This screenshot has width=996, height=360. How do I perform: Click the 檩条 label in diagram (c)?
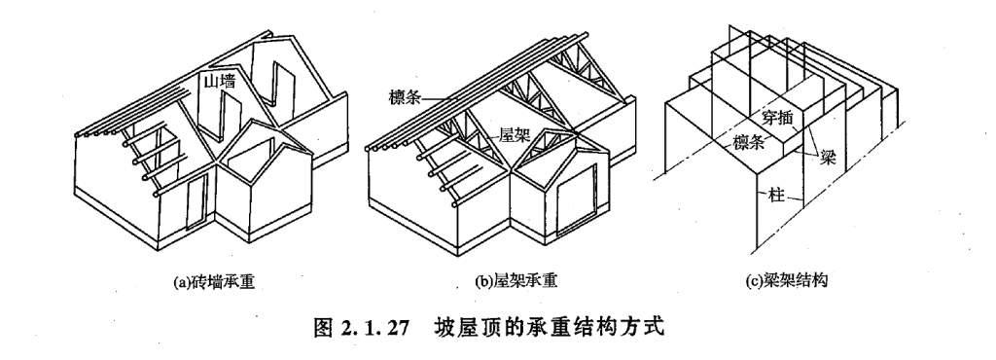point(749,142)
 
